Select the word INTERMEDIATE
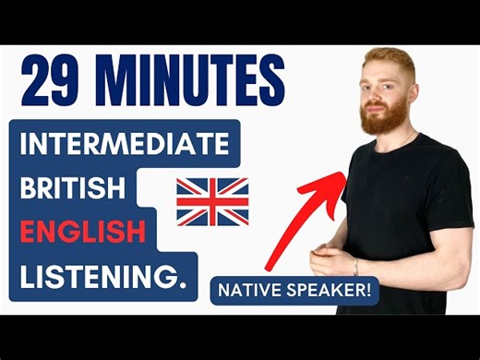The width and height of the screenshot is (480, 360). pyautogui.click(x=125, y=147)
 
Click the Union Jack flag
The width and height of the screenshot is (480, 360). pyautogui.click(x=212, y=200)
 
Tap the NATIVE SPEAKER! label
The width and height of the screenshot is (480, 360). pyautogui.click(x=293, y=291)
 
